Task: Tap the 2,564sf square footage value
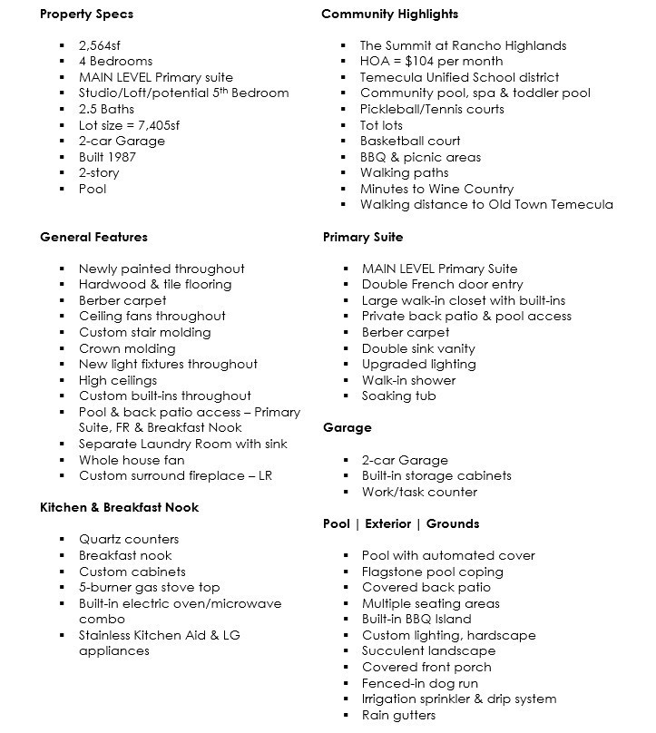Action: coord(101,45)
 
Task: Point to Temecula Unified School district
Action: coord(459,78)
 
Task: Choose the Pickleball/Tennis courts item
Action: coord(432,110)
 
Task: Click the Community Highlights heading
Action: coord(390,14)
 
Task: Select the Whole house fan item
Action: coord(132,460)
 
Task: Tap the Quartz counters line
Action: coord(129,540)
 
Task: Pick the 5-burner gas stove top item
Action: coord(149,588)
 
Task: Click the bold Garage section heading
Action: coord(347,428)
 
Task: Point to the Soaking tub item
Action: coord(398,396)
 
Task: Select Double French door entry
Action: coord(442,285)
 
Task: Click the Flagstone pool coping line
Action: coord(432,572)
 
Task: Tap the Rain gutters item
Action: coord(398,716)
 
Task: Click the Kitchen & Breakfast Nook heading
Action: coord(119,508)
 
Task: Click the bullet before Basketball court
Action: coord(344,142)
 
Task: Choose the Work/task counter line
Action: coord(419,493)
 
